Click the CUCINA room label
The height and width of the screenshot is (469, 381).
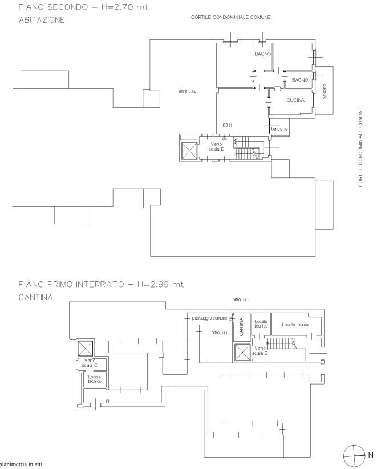[295, 100]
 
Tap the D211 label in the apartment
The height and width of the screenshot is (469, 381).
[227, 126]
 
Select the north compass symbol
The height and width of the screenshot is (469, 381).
[354, 455]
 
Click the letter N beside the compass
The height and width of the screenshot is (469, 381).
[371, 455]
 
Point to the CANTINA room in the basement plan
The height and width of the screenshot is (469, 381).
[241, 326]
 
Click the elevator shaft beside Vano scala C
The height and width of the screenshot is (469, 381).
[85, 348]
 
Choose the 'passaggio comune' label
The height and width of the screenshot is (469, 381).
[209, 318]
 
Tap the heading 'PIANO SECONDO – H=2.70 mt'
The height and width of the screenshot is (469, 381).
[83, 7]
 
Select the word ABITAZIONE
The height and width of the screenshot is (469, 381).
[42, 20]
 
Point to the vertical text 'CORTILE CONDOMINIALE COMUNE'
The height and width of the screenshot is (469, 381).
[360, 147]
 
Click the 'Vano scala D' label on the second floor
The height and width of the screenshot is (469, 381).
[216, 147]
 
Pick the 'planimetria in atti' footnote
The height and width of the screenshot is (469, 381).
[21, 464]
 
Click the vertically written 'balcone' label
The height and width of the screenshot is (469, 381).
[325, 91]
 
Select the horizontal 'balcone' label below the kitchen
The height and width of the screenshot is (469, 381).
[279, 129]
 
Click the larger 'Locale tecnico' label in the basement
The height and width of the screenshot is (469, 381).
[296, 325]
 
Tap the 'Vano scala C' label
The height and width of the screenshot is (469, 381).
[90, 363]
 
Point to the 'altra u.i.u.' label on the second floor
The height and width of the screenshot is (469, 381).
[188, 91]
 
